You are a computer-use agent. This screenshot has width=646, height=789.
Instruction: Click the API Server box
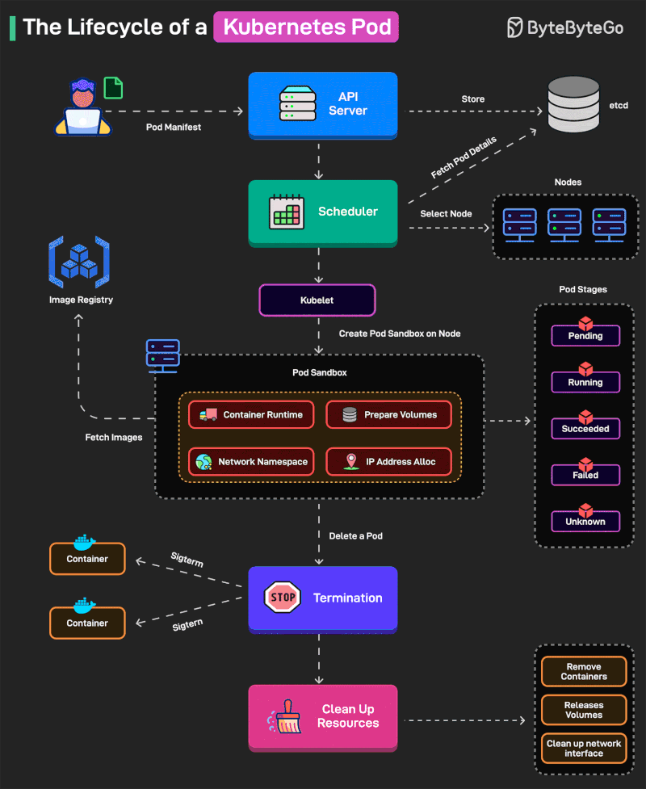(x=322, y=104)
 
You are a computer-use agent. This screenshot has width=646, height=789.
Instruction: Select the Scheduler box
(x=322, y=212)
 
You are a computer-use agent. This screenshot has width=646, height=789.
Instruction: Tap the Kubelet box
(x=317, y=300)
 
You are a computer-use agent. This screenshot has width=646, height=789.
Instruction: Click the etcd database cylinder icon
(x=574, y=105)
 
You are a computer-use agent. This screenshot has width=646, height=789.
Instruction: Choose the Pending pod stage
(x=585, y=335)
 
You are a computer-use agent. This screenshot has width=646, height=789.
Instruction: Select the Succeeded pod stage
(x=585, y=428)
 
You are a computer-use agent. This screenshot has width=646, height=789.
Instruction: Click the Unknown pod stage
(x=585, y=521)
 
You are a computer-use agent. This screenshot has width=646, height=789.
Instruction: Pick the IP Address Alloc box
(x=388, y=461)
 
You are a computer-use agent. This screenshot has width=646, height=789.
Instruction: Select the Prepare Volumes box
(x=388, y=414)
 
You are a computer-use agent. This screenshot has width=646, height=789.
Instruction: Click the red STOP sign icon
(x=283, y=598)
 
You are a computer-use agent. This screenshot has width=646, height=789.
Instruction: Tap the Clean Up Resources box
(x=322, y=716)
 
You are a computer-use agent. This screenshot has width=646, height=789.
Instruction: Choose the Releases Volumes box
(x=583, y=710)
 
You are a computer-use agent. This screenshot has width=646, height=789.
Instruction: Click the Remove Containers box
(x=583, y=671)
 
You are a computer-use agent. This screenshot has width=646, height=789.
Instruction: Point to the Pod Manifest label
(x=174, y=128)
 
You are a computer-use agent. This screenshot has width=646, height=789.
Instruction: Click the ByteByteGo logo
(x=564, y=27)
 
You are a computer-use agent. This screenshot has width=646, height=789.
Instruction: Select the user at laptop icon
(x=83, y=107)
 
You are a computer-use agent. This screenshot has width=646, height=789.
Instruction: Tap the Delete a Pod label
(x=355, y=535)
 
